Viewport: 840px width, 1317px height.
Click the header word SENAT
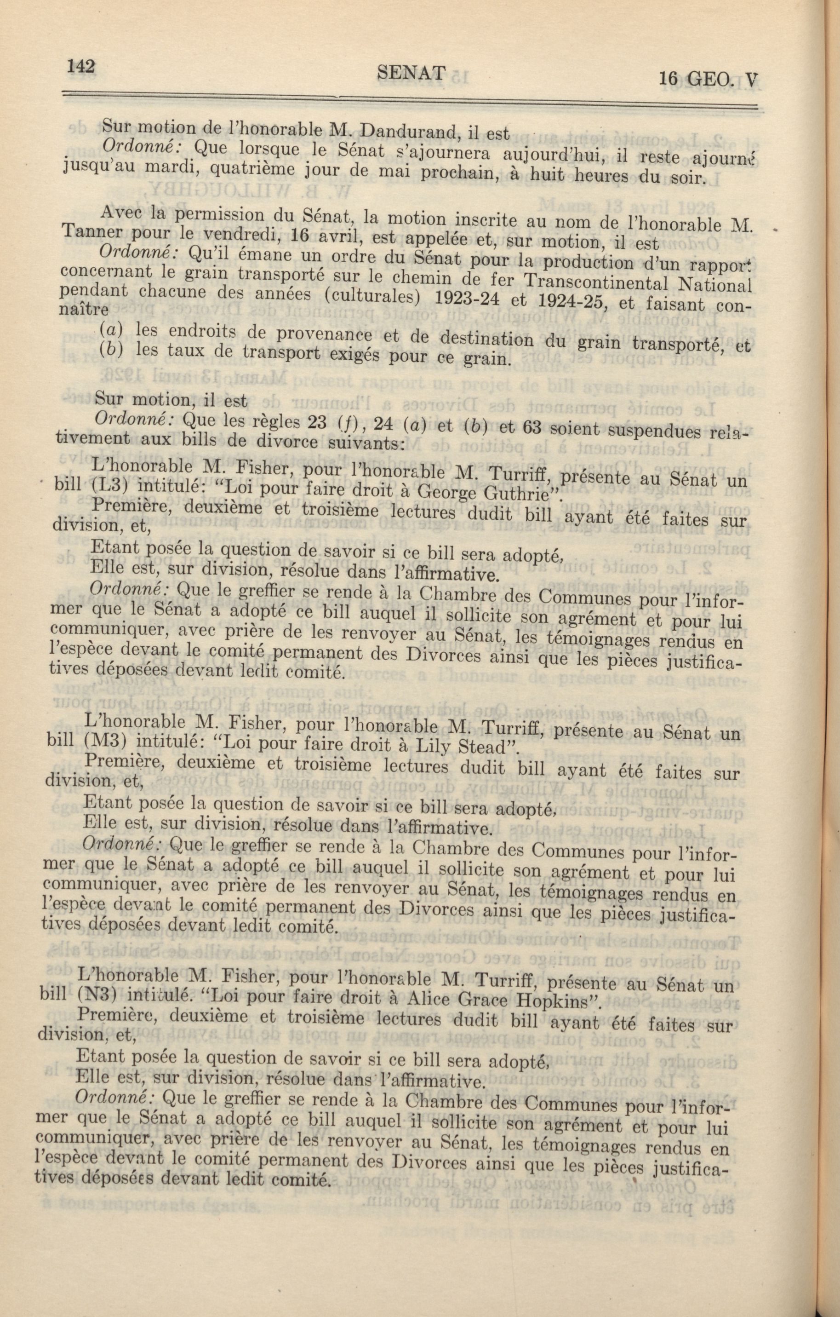(411, 73)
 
